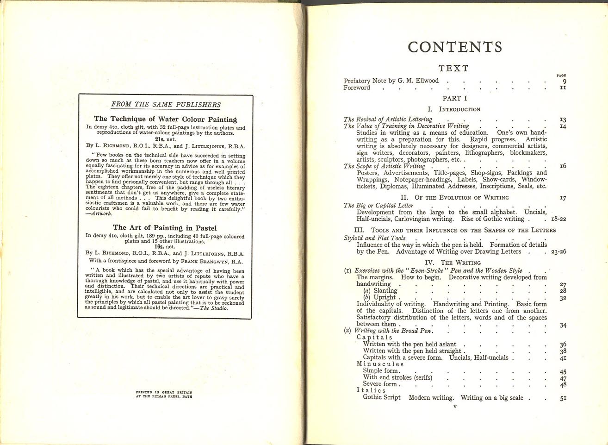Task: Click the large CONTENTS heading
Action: click(455, 47)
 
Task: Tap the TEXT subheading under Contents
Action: click(453, 69)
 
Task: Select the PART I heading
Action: click(454, 98)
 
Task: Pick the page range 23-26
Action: click(558, 252)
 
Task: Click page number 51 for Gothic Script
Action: click(563, 398)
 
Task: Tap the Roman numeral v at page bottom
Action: click(455, 407)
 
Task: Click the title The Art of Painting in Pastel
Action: click(165, 228)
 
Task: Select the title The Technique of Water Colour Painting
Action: click(165, 119)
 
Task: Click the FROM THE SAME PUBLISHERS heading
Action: click(166, 105)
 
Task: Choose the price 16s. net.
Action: click(165, 247)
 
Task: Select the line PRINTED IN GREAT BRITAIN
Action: click(164, 392)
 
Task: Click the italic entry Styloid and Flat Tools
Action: click(374, 238)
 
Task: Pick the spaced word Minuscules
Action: click(380, 364)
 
